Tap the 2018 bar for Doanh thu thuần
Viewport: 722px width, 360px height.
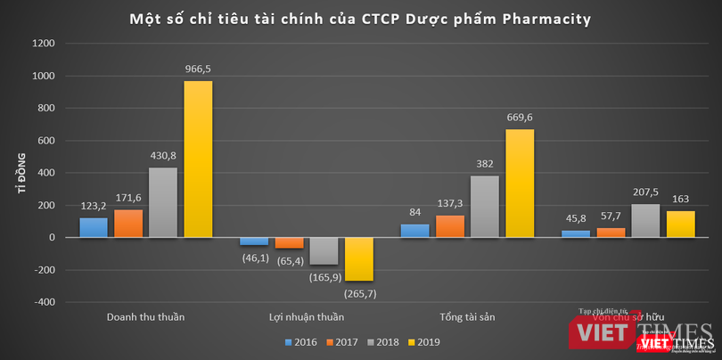(163, 202)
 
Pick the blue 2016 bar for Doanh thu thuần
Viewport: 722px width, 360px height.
(94, 227)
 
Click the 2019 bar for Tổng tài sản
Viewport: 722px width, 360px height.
(520, 184)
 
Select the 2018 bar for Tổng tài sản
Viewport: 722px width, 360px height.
(485, 207)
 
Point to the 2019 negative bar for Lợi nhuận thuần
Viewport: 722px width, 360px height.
(358, 258)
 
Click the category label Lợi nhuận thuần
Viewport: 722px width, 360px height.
(307, 317)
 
